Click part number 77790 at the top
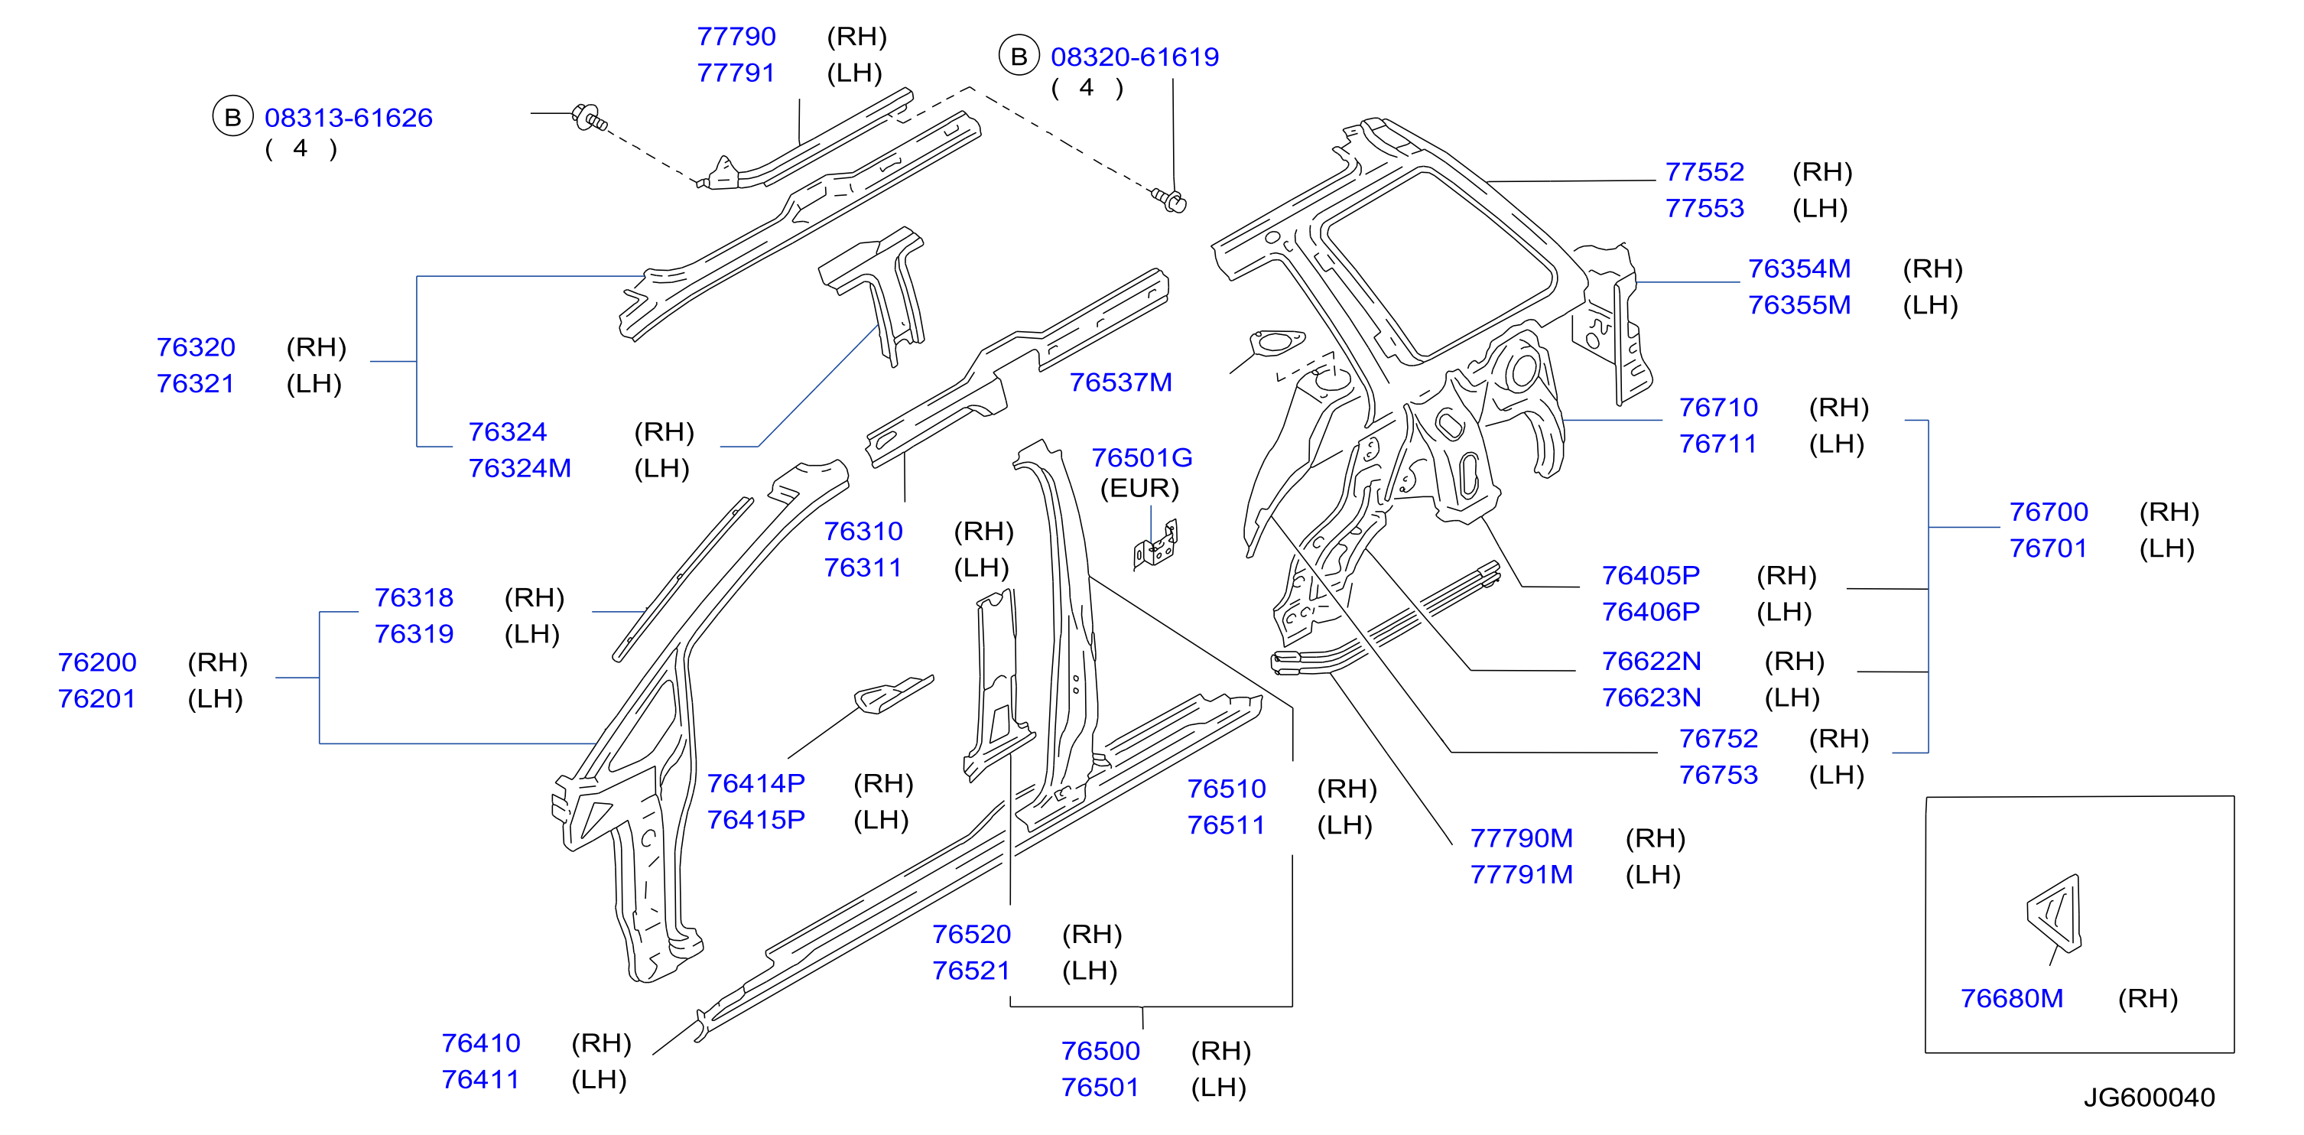736,37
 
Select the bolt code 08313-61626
348,117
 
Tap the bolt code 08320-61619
1134,57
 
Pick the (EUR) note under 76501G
1139,489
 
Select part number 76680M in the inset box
2012,998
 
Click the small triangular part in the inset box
2056,913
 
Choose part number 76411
480,1079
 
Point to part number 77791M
1522,875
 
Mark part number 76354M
1799,268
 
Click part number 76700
2048,512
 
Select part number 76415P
756,819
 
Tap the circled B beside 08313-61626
232,117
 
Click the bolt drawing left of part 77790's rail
591,117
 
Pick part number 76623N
1651,698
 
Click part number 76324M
520,468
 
